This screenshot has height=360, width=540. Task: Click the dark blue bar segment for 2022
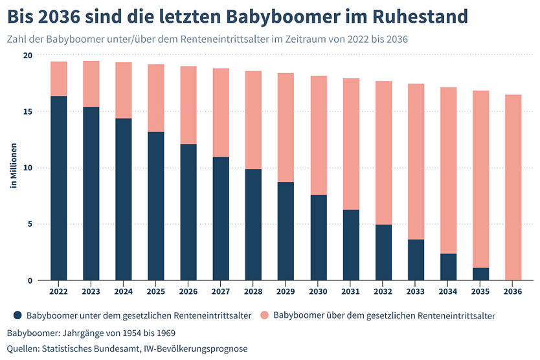tap(58, 188)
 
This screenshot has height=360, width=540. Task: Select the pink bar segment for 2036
tap(512, 187)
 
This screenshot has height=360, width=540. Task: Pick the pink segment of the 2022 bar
tap(58, 78)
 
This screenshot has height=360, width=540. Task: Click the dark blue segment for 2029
tap(286, 231)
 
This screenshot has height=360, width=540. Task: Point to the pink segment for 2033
tap(415, 161)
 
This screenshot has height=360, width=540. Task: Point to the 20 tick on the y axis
tap(27, 55)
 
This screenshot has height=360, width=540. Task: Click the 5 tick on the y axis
tap(30, 224)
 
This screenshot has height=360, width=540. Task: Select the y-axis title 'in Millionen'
tap(12, 168)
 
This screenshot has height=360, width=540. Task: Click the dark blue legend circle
tap(17, 315)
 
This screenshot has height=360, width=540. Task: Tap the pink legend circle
tap(264, 315)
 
